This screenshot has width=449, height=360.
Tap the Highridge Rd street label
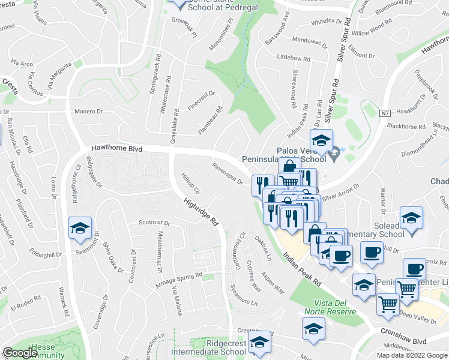[x=200, y=212]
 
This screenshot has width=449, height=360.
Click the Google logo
[x=20, y=353]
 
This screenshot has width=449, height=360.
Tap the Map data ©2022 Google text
[x=412, y=355]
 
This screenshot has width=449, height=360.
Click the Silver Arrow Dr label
[x=340, y=191]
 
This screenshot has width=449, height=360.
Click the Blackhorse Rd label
[x=406, y=126]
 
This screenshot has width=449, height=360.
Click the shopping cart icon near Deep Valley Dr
[x=387, y=304]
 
